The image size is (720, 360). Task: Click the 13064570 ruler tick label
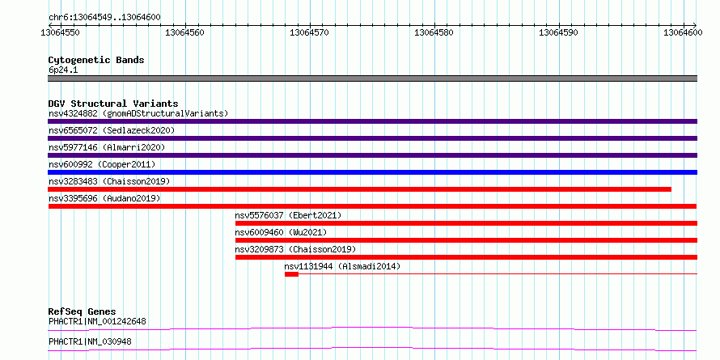(x=310, y=32)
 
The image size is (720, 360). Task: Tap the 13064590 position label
(x=558, y=32)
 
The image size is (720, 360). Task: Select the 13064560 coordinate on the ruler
(x=184, y=32)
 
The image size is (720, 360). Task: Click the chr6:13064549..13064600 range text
(x=104, y=18)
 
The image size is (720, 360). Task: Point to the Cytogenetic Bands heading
(x=96, y=60)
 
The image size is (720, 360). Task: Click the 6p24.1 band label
(x=62, y=70)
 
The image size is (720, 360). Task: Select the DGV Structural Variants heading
(x=113, y=104)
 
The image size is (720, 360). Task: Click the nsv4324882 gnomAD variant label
(x=138, y=113)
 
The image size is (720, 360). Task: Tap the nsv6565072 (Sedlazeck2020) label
(x=112, y=130)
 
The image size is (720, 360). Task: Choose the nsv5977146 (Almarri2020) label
(x=107, y=147)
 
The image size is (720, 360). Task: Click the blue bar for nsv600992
(x=372, y=172)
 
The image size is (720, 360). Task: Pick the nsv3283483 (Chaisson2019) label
(x=109, y=181)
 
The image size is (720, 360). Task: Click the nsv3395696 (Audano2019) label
(x=104, y=198)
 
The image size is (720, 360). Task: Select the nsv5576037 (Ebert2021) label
(x=288, y=215)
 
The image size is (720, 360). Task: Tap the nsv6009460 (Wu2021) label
(x=281, y=232)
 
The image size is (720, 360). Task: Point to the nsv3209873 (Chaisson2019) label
(x=296, y=249)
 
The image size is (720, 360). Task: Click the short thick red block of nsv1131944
(x=291, y=274)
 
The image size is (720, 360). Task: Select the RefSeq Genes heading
(x=82, y=311)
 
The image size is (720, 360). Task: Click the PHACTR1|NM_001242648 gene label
(x=97, y=321)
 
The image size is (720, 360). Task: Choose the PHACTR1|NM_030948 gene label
(x=92, y=341)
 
